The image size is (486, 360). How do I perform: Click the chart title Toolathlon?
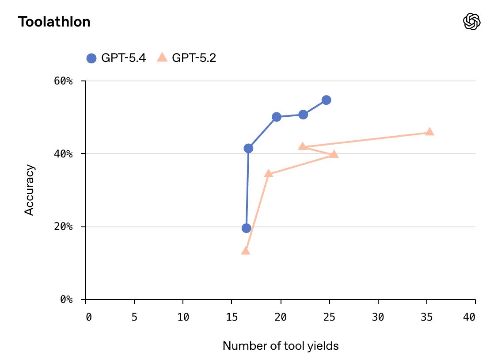(x=54, y=22)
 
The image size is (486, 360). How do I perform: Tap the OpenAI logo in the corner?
(x=471, y=21)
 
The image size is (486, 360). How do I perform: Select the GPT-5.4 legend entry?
(x=116, y=58)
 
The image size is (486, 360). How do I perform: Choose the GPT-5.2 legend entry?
(x=186, y=58)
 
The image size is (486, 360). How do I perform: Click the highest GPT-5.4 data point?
(x=326, y=100)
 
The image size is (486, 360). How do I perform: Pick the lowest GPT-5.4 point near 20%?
(x=247, y=228)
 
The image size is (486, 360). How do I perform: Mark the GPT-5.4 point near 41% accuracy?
(x=248, y=149)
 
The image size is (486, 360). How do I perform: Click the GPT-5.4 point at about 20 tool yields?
(x=277, y=117)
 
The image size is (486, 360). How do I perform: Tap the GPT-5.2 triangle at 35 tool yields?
(x=429, y=132)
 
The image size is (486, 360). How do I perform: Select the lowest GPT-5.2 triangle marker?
(x=246, y=251)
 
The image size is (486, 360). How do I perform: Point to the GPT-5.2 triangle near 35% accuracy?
(x=269, y=173)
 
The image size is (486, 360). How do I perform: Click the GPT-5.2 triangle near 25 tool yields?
(x=334, y=154)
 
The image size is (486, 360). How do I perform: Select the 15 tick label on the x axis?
(x=232, y=317)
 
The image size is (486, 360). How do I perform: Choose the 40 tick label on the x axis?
(x=470, y=317)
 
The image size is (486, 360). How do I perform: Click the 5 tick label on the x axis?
(x=134, y=317)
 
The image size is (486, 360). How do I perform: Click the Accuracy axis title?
(x=29, y=190)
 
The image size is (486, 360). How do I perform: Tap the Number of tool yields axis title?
(x=281, y=346)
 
